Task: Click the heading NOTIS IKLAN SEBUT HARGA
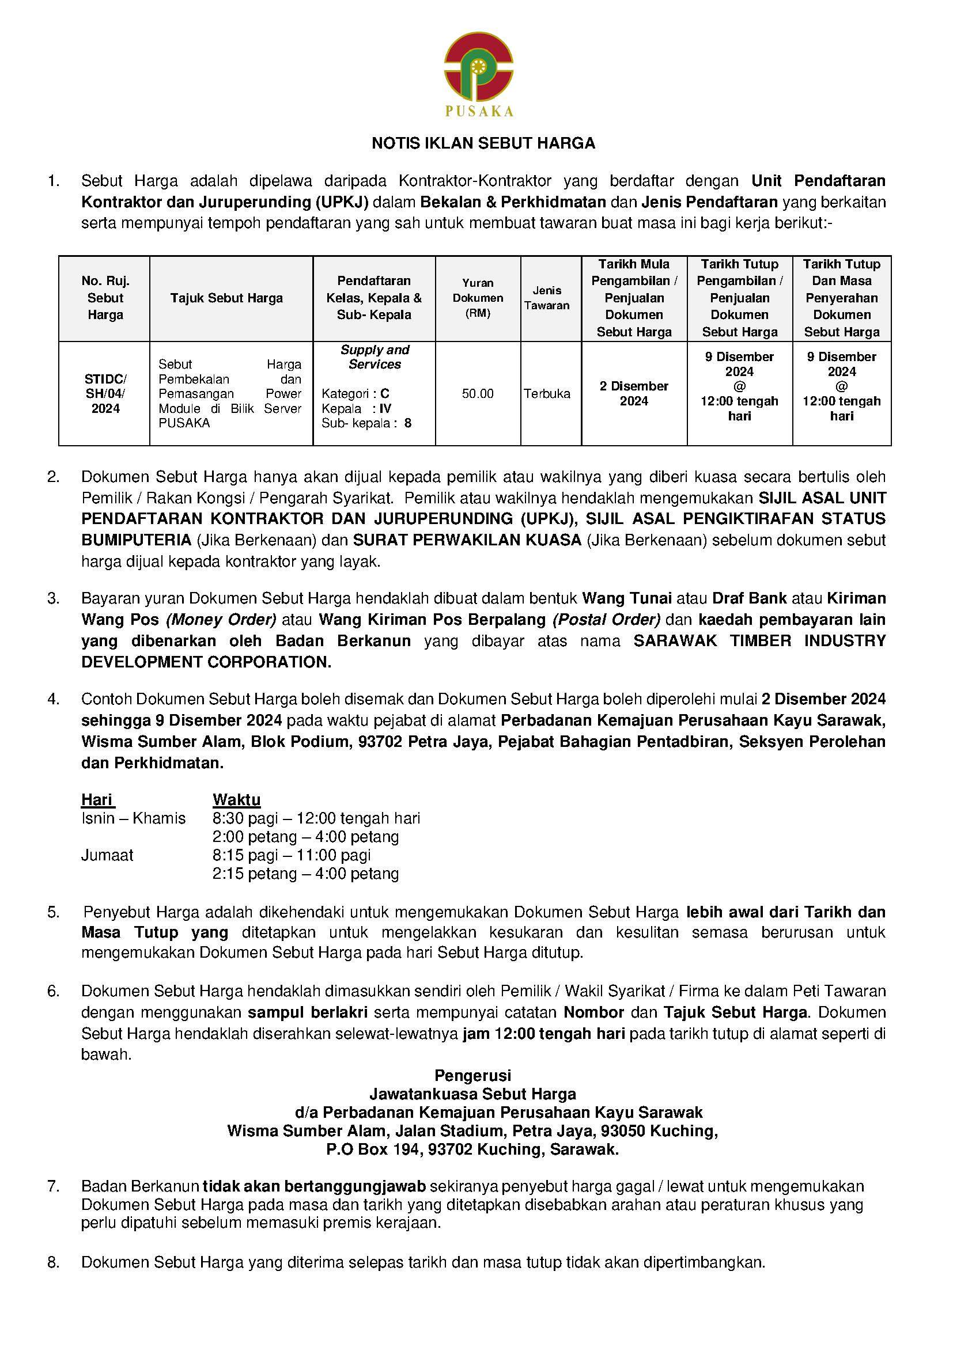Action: tap(483, 144)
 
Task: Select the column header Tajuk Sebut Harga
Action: tap(226, 298)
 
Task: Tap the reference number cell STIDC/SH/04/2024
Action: tap(105, 394)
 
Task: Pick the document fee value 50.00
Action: tap(478, 394)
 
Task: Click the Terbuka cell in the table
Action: tap(547, 394)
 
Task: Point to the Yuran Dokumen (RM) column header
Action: tap(478, 298)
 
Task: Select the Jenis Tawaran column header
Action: tap(547, 298)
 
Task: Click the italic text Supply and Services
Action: tap(375, 356)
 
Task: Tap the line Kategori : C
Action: tap(355, 393)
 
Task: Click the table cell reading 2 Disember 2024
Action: tap(634, 394)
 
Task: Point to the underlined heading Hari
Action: tap(97, 800)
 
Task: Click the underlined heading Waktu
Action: tap(236, 800)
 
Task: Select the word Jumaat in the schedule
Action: tap(107, 855)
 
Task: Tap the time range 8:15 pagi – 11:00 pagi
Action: tap(292, 855)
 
